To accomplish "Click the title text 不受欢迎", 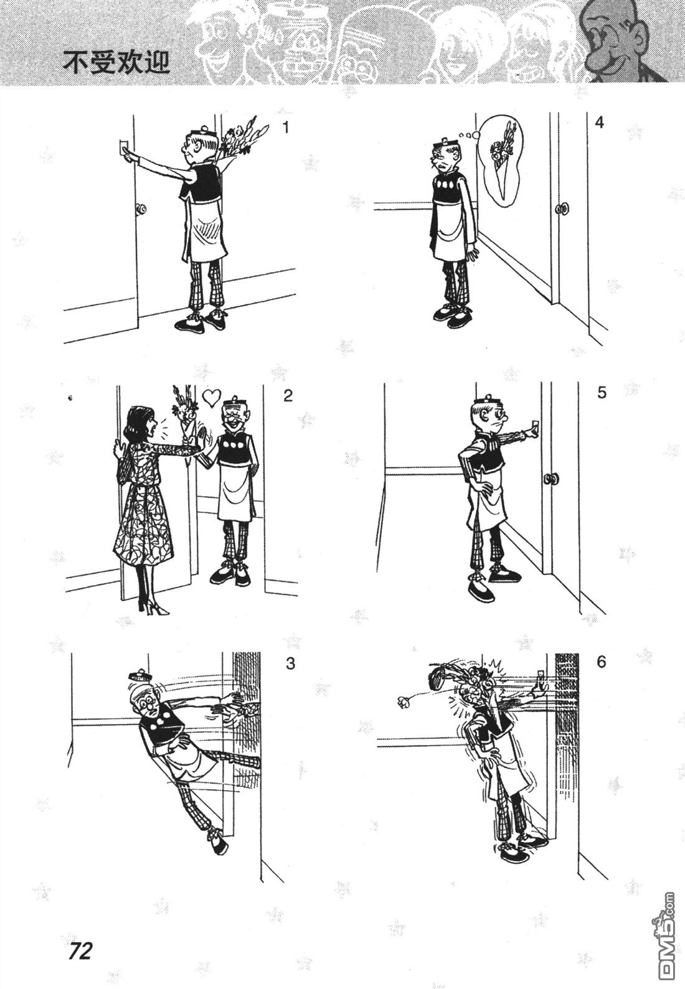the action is point(116,62).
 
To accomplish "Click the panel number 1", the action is point(286,128).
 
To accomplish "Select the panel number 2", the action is point(288,395).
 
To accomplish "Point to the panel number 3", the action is point(290,663).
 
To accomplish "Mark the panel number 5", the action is point(602,392).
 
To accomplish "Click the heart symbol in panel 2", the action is point(210,397).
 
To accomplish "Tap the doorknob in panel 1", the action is point(141,208).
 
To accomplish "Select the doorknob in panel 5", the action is point(550,479).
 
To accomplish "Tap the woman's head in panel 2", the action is point(141,423).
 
